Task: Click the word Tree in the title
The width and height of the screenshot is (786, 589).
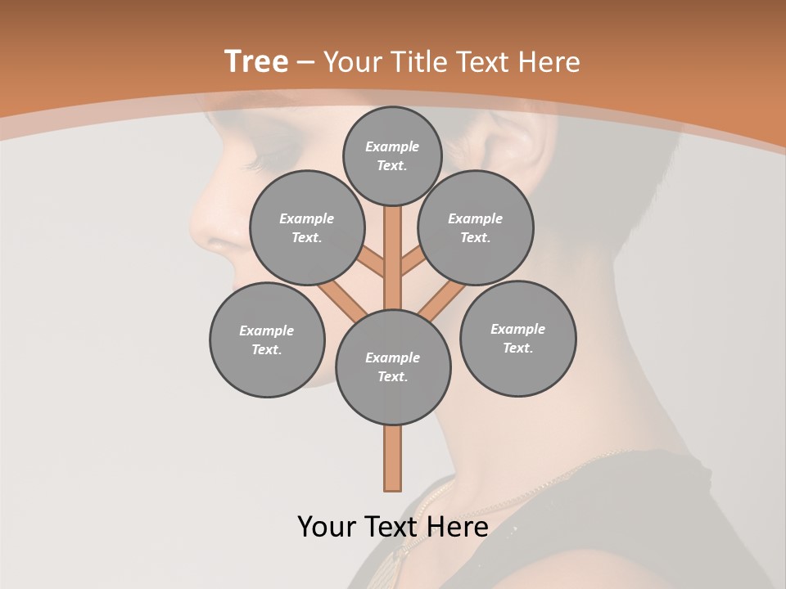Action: [x=256, y=61]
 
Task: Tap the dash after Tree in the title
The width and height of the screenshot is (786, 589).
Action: [x=305, y=63]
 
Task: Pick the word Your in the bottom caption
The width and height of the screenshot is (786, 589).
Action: [x=327, y=527]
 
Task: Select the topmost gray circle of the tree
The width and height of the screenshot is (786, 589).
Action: [x=392, y=155]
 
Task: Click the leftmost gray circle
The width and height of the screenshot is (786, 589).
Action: [x=267, y=339]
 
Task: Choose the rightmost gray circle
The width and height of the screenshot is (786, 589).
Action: [x=517, y=338]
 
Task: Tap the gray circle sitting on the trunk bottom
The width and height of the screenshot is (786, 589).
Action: [x=393, y=367]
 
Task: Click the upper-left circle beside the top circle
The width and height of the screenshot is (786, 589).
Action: [x=307, y=227]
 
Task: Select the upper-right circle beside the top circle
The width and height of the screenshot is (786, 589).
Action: [x=476, y=227]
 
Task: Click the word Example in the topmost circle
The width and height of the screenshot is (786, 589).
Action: [x=392, y=146]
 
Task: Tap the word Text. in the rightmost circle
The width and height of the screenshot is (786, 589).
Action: [x=517, y=348]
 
